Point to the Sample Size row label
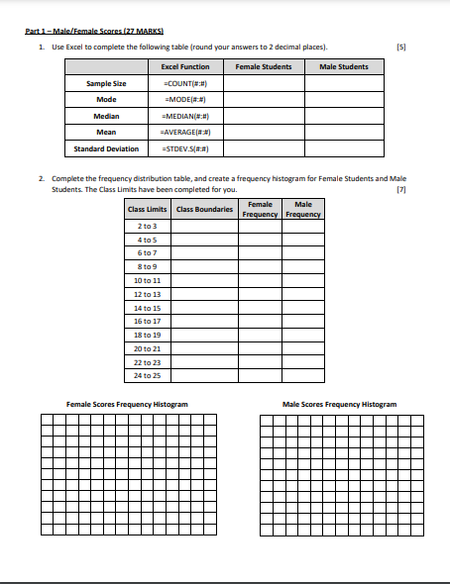pos(106,83)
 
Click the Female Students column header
pos(263,66)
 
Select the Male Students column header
pos(344,66)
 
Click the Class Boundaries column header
pos(204,210)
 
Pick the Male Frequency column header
pos(303,210)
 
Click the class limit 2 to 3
pos(147,227)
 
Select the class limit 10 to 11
pos(147,281)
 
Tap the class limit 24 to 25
pos(147,376)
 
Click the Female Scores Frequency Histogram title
pos(127,404)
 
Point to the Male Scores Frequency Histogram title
pos(339,404)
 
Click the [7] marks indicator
pos(400,188)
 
